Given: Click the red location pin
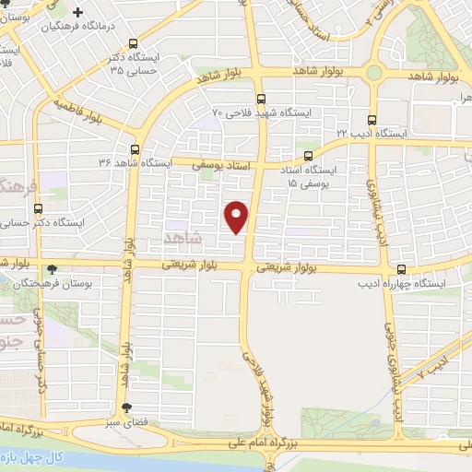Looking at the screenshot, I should [238, 216].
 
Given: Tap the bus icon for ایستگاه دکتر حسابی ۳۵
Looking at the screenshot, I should [135, 43].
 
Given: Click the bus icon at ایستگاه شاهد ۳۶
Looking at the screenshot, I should [135, 149].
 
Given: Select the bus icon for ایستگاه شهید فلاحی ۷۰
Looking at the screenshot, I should [261, 99].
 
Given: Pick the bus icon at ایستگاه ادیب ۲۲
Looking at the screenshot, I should [372, 121].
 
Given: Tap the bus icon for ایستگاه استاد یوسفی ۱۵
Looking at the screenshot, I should [309, 157].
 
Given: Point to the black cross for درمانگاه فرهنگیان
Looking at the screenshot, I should [77, 15].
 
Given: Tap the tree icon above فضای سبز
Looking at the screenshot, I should [126, 408].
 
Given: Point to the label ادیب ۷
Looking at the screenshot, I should [431, 365].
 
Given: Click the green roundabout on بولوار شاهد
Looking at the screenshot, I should [373, 72].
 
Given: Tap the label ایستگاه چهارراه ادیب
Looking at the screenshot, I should [402, 285].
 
